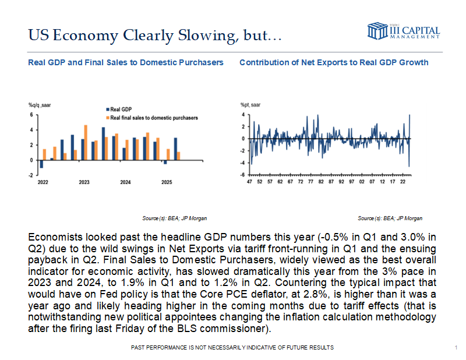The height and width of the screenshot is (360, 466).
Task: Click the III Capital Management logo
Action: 403,31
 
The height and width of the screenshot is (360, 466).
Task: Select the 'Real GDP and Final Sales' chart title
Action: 126,62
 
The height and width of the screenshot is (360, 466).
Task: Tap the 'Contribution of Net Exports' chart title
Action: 334,62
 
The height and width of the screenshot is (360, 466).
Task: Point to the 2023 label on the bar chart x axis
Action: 84,182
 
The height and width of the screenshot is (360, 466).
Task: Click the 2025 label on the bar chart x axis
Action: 166,182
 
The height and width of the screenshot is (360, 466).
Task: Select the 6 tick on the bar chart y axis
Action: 31,115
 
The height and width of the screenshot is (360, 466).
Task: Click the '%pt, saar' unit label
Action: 251,104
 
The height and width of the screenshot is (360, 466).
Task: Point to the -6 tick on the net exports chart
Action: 242,174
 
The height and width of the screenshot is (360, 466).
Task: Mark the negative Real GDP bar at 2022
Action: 41,164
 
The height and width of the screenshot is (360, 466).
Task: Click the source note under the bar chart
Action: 175,218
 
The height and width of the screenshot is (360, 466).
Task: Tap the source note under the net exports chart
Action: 390,218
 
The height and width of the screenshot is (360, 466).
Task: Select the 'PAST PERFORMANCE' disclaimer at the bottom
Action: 234,347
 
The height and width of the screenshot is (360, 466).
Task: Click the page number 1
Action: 454,348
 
